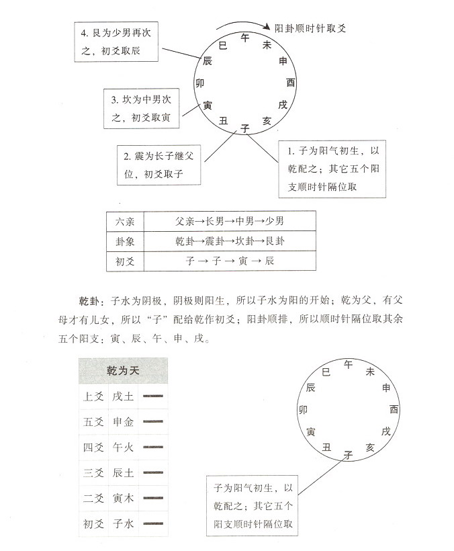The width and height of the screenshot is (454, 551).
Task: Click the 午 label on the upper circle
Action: point(245,38)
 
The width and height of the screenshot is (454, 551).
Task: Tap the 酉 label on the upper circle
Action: point(291,83)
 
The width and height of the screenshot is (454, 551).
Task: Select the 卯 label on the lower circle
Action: point(303,409)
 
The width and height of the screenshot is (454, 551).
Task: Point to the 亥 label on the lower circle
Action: point(370,447)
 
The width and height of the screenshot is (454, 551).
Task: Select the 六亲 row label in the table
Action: point(126,222)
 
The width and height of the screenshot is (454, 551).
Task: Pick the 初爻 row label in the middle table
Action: point(126,261)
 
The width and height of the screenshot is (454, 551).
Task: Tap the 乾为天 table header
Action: point(123,371)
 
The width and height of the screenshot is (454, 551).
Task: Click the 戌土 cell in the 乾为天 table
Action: point(124,396)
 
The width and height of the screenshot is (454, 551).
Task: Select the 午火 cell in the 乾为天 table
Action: point(124,448)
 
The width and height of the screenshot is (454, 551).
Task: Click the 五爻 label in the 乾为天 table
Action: point(93,422)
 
